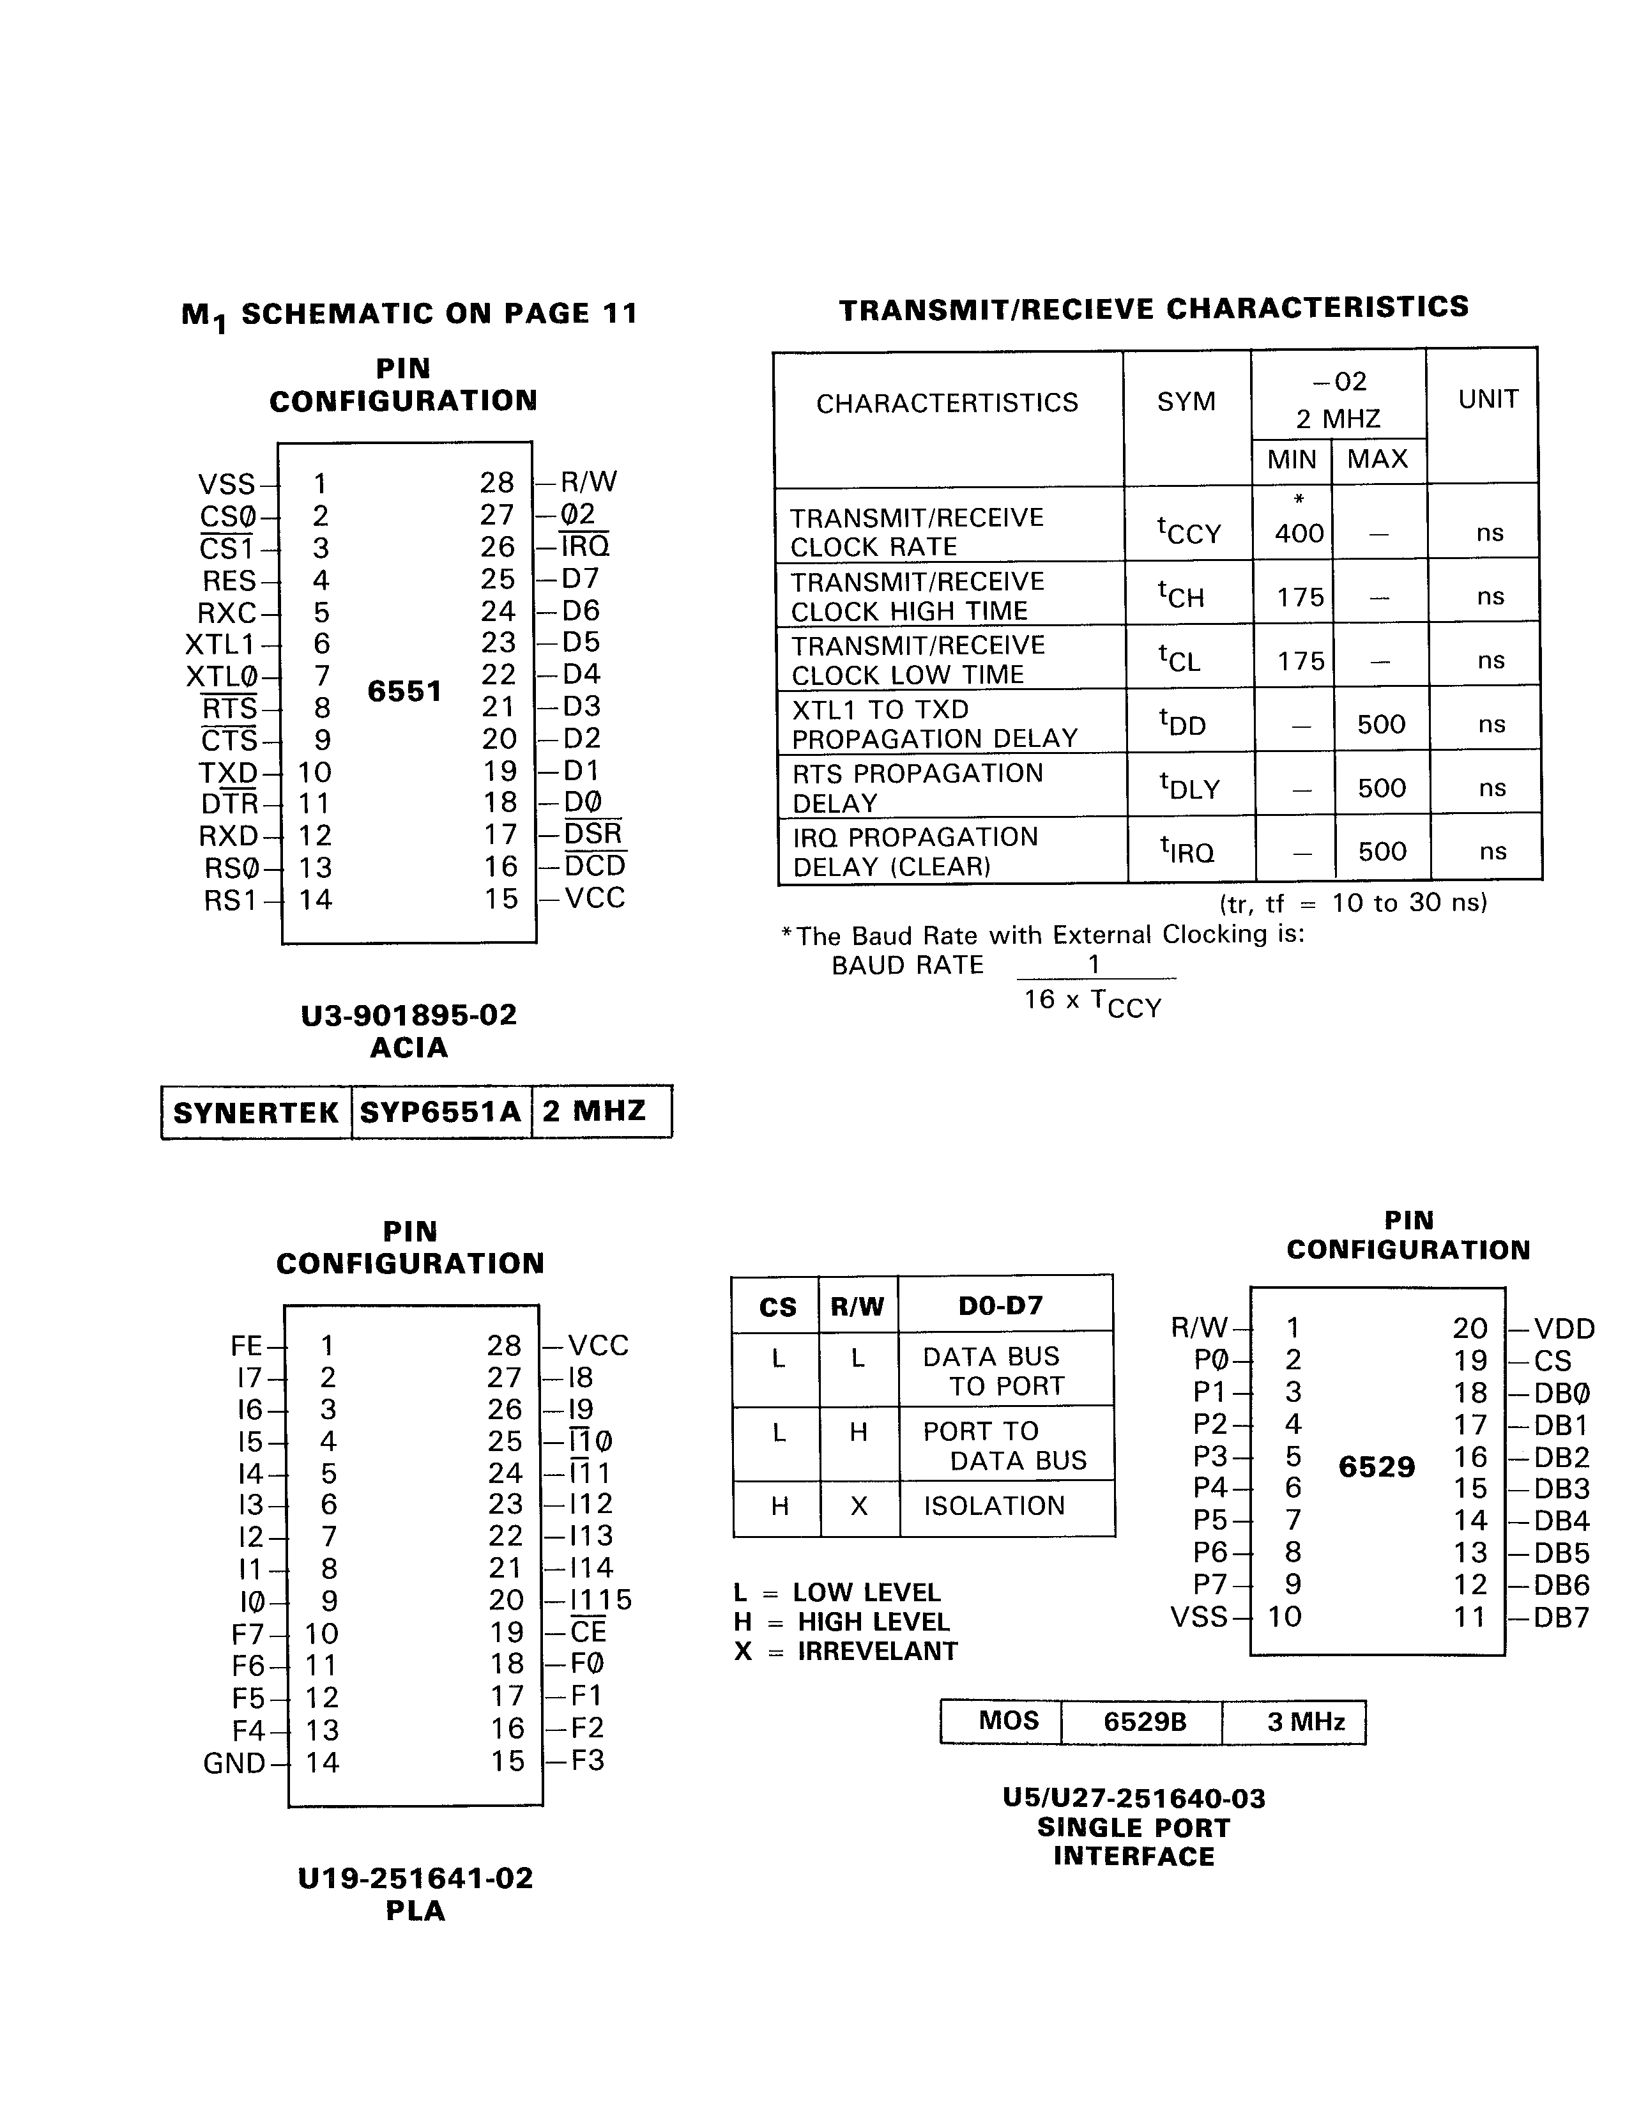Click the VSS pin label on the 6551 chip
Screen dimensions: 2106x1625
click(227, 484)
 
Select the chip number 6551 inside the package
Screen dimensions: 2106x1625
click(405, 691)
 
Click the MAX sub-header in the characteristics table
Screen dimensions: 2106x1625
click(1377, 459)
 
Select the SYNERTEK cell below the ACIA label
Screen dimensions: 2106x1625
click(256, 1113)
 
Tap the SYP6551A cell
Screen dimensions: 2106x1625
click(441, 1113)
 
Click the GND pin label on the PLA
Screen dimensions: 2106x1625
click(234, 1764)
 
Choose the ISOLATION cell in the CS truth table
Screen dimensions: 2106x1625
click(995, 1506)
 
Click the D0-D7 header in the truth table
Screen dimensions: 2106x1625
click(1000, 1305)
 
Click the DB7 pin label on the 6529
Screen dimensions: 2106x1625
click(1560, 1617)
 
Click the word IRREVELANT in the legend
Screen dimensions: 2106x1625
click(877, 1652)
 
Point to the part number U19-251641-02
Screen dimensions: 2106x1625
click(415, 1879)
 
